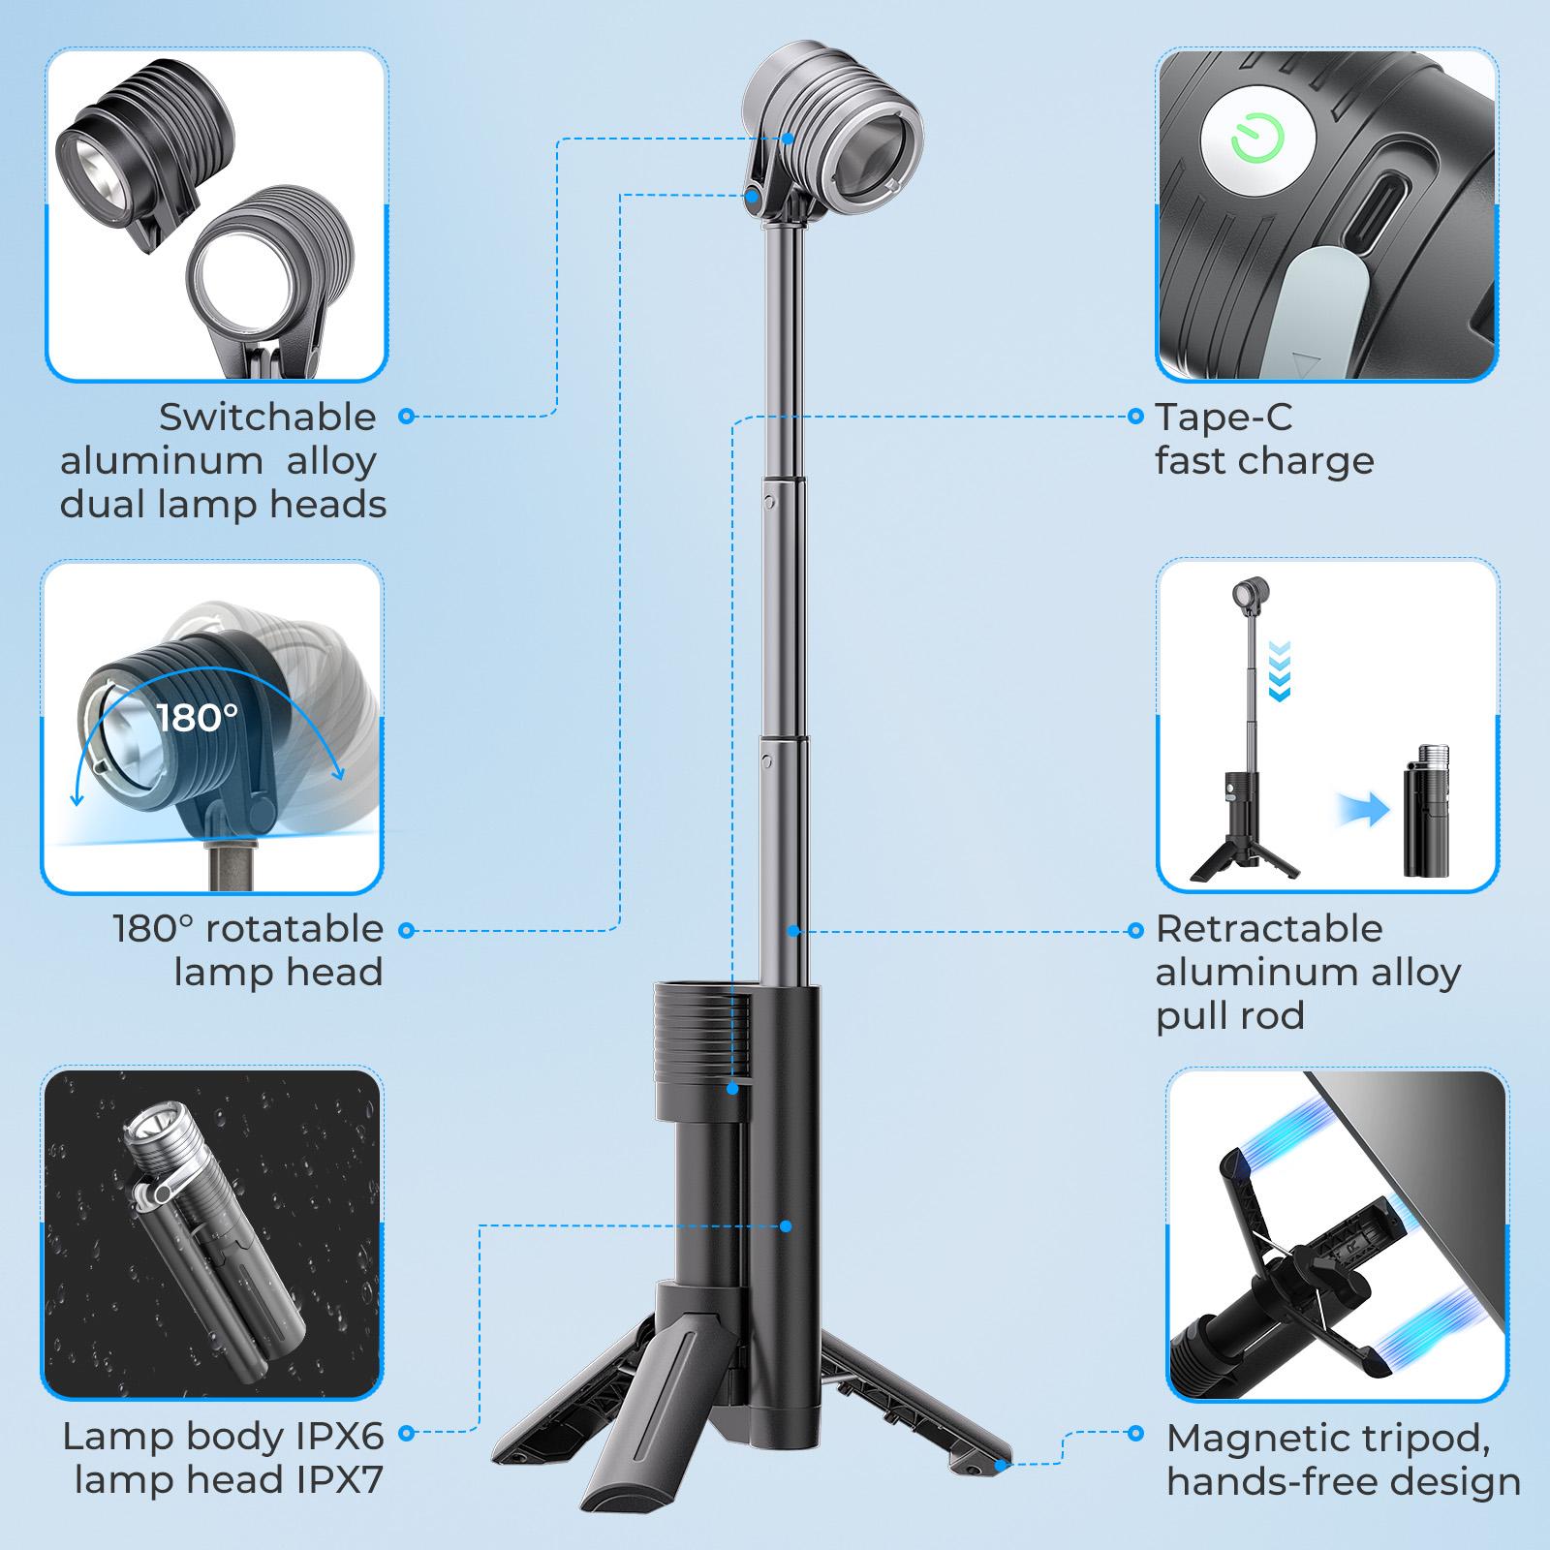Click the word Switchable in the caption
267,418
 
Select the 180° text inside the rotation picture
197,718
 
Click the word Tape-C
1224,418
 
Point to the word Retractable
1269,929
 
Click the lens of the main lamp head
872,153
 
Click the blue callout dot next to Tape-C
1137,418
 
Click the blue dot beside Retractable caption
1137,930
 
